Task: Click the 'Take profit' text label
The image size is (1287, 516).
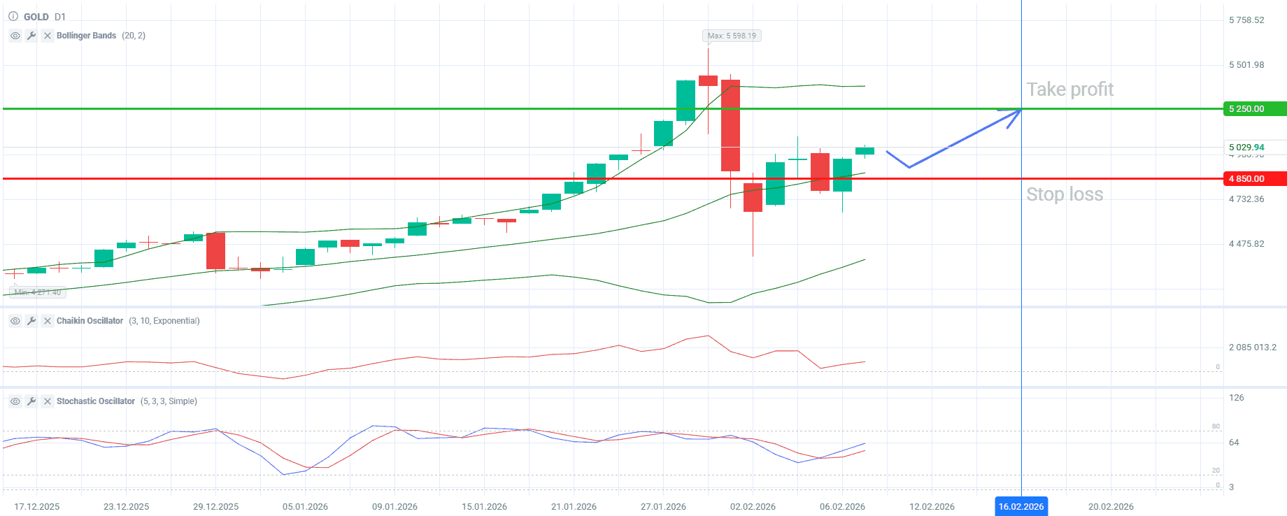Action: tap(1069, 89)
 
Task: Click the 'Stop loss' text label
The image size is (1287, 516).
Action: tap(1064, 194)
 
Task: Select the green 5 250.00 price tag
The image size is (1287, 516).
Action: tap(1254, 109)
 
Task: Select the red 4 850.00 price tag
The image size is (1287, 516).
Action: tap(1254, 179)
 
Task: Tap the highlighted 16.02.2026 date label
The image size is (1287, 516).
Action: tap(1021, 506)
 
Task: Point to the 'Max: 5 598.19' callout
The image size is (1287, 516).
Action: tap(731, 36)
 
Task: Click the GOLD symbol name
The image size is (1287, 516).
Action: tap(36, 17)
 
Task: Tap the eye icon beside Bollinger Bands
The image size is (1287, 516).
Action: tap(15, 36)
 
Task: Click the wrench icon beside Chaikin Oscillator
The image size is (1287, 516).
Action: tap(31, 321)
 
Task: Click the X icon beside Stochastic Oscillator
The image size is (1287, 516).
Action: tap(48, 401)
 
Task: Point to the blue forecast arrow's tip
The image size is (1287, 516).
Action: tap(1019, 110)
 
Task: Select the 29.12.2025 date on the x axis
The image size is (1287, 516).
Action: tap(215, 506)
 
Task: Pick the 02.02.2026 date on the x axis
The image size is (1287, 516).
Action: tap(753, 506)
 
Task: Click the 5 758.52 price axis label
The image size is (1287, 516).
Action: tap(1246, 20)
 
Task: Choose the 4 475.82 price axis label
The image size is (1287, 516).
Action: tap(1246, 244)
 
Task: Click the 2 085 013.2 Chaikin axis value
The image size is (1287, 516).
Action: tap(1252, 347)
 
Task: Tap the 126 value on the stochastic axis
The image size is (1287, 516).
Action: tap(1237, 398)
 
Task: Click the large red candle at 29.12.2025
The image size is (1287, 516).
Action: tap(215, 251)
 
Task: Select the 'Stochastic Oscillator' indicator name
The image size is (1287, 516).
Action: tap(96, 401)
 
